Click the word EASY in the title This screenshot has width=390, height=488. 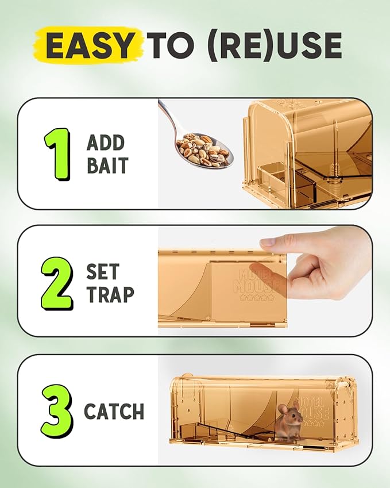tap(88, 45)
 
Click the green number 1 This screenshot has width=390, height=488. tap(57, 153)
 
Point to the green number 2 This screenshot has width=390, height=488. tap(57, 283)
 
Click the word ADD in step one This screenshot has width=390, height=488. tap(106, 143)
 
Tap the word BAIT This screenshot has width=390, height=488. tap(107, 166)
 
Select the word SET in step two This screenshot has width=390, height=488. tap(103, 272)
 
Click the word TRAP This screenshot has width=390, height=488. tap(110, 294)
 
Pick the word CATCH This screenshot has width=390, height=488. tap(114, 412)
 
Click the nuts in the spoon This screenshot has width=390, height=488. tap(202, 149)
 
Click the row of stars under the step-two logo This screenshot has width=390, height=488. tap(257, 298)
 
